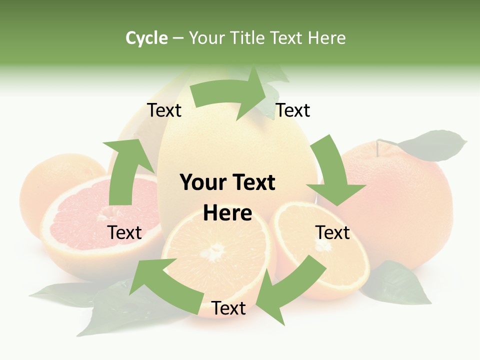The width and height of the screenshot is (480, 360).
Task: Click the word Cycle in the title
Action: (146, 38)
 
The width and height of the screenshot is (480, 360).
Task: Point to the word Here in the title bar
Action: (327, 38)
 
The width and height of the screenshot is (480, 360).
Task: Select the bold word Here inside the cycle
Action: (227, 213)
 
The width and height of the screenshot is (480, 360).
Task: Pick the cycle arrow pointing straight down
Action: (334, 175)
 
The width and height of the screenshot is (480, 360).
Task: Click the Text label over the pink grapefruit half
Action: (124, 232)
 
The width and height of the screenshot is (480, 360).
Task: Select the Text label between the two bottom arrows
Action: (228, 308)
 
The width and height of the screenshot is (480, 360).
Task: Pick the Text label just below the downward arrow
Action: (332, 232)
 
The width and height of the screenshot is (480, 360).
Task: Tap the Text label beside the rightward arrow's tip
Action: (293, 110)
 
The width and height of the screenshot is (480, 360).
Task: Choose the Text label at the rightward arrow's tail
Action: (164, 110)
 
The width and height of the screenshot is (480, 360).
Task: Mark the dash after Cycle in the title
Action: (178, 38)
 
